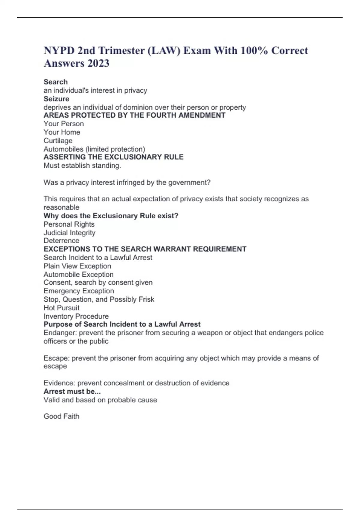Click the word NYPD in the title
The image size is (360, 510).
59,50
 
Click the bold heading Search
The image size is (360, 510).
55,82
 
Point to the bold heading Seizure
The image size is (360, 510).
56,99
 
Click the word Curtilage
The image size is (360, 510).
58,141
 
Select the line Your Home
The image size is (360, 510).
62,132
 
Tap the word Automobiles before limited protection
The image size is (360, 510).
63,149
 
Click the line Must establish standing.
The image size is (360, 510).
82,166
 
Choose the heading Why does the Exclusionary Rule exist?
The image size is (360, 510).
111,216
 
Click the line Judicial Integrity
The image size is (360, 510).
69,232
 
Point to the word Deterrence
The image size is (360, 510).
61,241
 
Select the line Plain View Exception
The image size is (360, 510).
77,266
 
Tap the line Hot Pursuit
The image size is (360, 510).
61,308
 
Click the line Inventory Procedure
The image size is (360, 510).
76,316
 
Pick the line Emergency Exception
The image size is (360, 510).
79,291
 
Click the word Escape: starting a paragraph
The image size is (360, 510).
56,358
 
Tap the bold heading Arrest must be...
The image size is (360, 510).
72,391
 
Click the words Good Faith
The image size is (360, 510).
61,416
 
